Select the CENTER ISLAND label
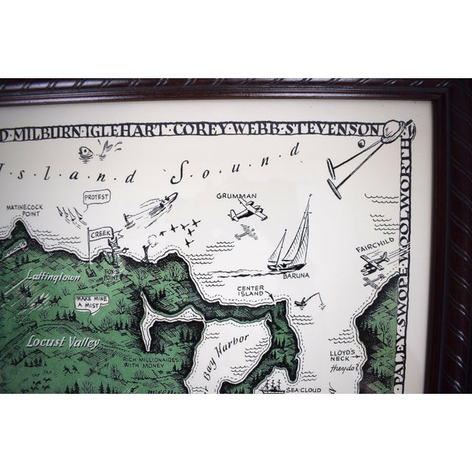251,293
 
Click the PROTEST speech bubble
96,198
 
